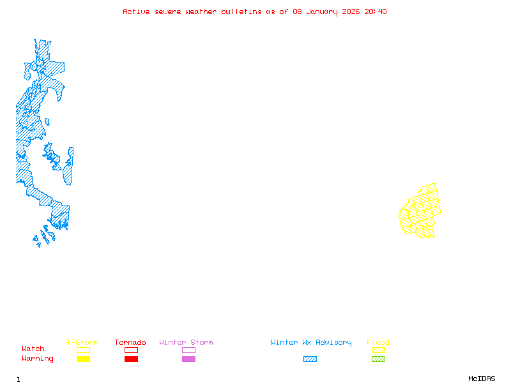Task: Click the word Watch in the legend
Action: pos(33,349)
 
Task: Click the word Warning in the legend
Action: pos(38,359)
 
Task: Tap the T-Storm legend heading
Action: pos(82,343)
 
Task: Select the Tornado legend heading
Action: pos(130,343)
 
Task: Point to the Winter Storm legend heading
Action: pos(186,343)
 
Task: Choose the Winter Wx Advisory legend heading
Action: pos(311,343)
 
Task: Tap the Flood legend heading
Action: pos(378,343)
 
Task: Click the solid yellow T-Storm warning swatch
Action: pos(83,359)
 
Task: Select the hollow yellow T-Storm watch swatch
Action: pos(83,350)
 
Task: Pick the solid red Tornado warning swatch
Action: pos(131,359)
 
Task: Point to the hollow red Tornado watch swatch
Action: pos(131,350)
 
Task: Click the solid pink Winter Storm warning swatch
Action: pos(188,359)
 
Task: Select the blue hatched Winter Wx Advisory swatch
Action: pos(310,359)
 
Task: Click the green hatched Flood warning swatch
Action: pos(378,359)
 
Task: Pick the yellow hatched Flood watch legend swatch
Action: pos(378,350)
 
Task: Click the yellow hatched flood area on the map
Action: pos(422,211)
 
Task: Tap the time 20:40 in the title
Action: pos(376,11)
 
